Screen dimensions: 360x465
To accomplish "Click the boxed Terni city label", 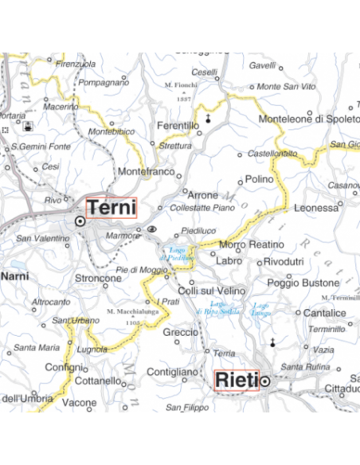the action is [x=112, y=207].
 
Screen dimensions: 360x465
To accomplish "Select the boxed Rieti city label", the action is [x=237, y=381].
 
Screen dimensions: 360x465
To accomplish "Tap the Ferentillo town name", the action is [x=178, y=126].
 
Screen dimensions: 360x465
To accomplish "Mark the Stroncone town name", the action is [x=97, y=278].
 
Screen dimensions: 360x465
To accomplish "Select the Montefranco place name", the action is [x=145, y=171].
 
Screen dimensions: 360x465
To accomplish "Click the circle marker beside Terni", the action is [x=80, y=221].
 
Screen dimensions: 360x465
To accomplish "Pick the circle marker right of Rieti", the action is [x=265, y=381].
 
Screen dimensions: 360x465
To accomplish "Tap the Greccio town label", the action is [x=179, y=331].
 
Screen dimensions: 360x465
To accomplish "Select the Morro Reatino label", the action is [x=251, y=244].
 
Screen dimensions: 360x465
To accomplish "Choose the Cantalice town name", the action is [x=324, y=313].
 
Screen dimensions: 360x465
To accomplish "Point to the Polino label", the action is [x=260, y=179].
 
